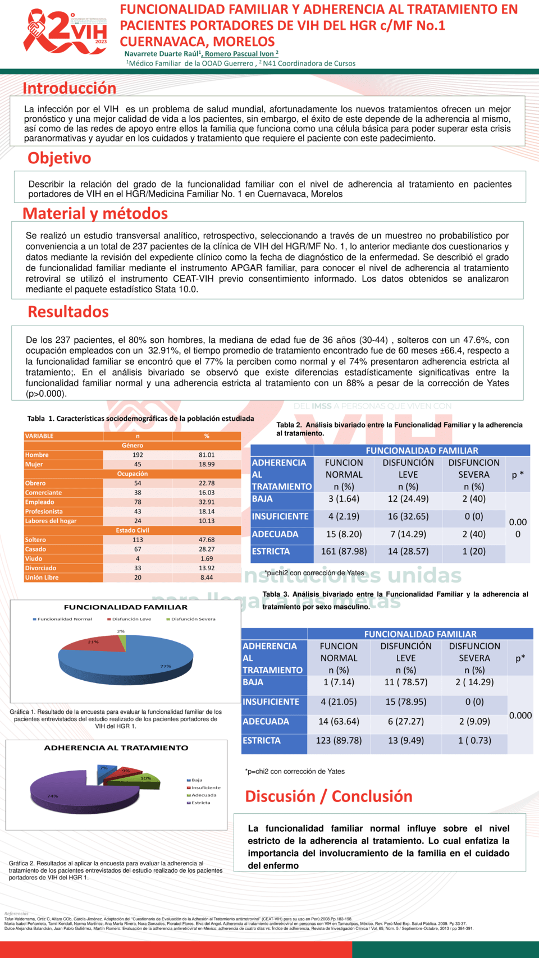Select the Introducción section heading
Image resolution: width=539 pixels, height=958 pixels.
[69, 88]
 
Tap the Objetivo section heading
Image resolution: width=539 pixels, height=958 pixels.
[59, 158]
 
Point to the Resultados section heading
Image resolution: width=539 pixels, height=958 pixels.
[68, 311]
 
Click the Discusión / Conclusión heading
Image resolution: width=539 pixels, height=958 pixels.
[328, 796]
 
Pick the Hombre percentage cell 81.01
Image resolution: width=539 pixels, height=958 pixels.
[207, 455]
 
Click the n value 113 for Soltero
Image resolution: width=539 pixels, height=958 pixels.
[138, 540]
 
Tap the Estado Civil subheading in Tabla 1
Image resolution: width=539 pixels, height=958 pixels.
[133, 530]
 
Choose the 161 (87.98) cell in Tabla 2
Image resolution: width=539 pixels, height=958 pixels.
[344, 552]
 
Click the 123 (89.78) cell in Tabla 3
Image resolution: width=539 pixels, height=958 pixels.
[339, 741]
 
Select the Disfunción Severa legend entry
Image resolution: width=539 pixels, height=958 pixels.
[190, 619]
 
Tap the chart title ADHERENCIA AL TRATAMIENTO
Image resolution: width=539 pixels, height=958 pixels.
[116, 748]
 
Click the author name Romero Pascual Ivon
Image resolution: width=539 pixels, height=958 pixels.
[241, 54]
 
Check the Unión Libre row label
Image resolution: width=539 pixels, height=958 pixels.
[42, 577]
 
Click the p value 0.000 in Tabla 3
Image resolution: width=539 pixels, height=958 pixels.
[520, 716]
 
